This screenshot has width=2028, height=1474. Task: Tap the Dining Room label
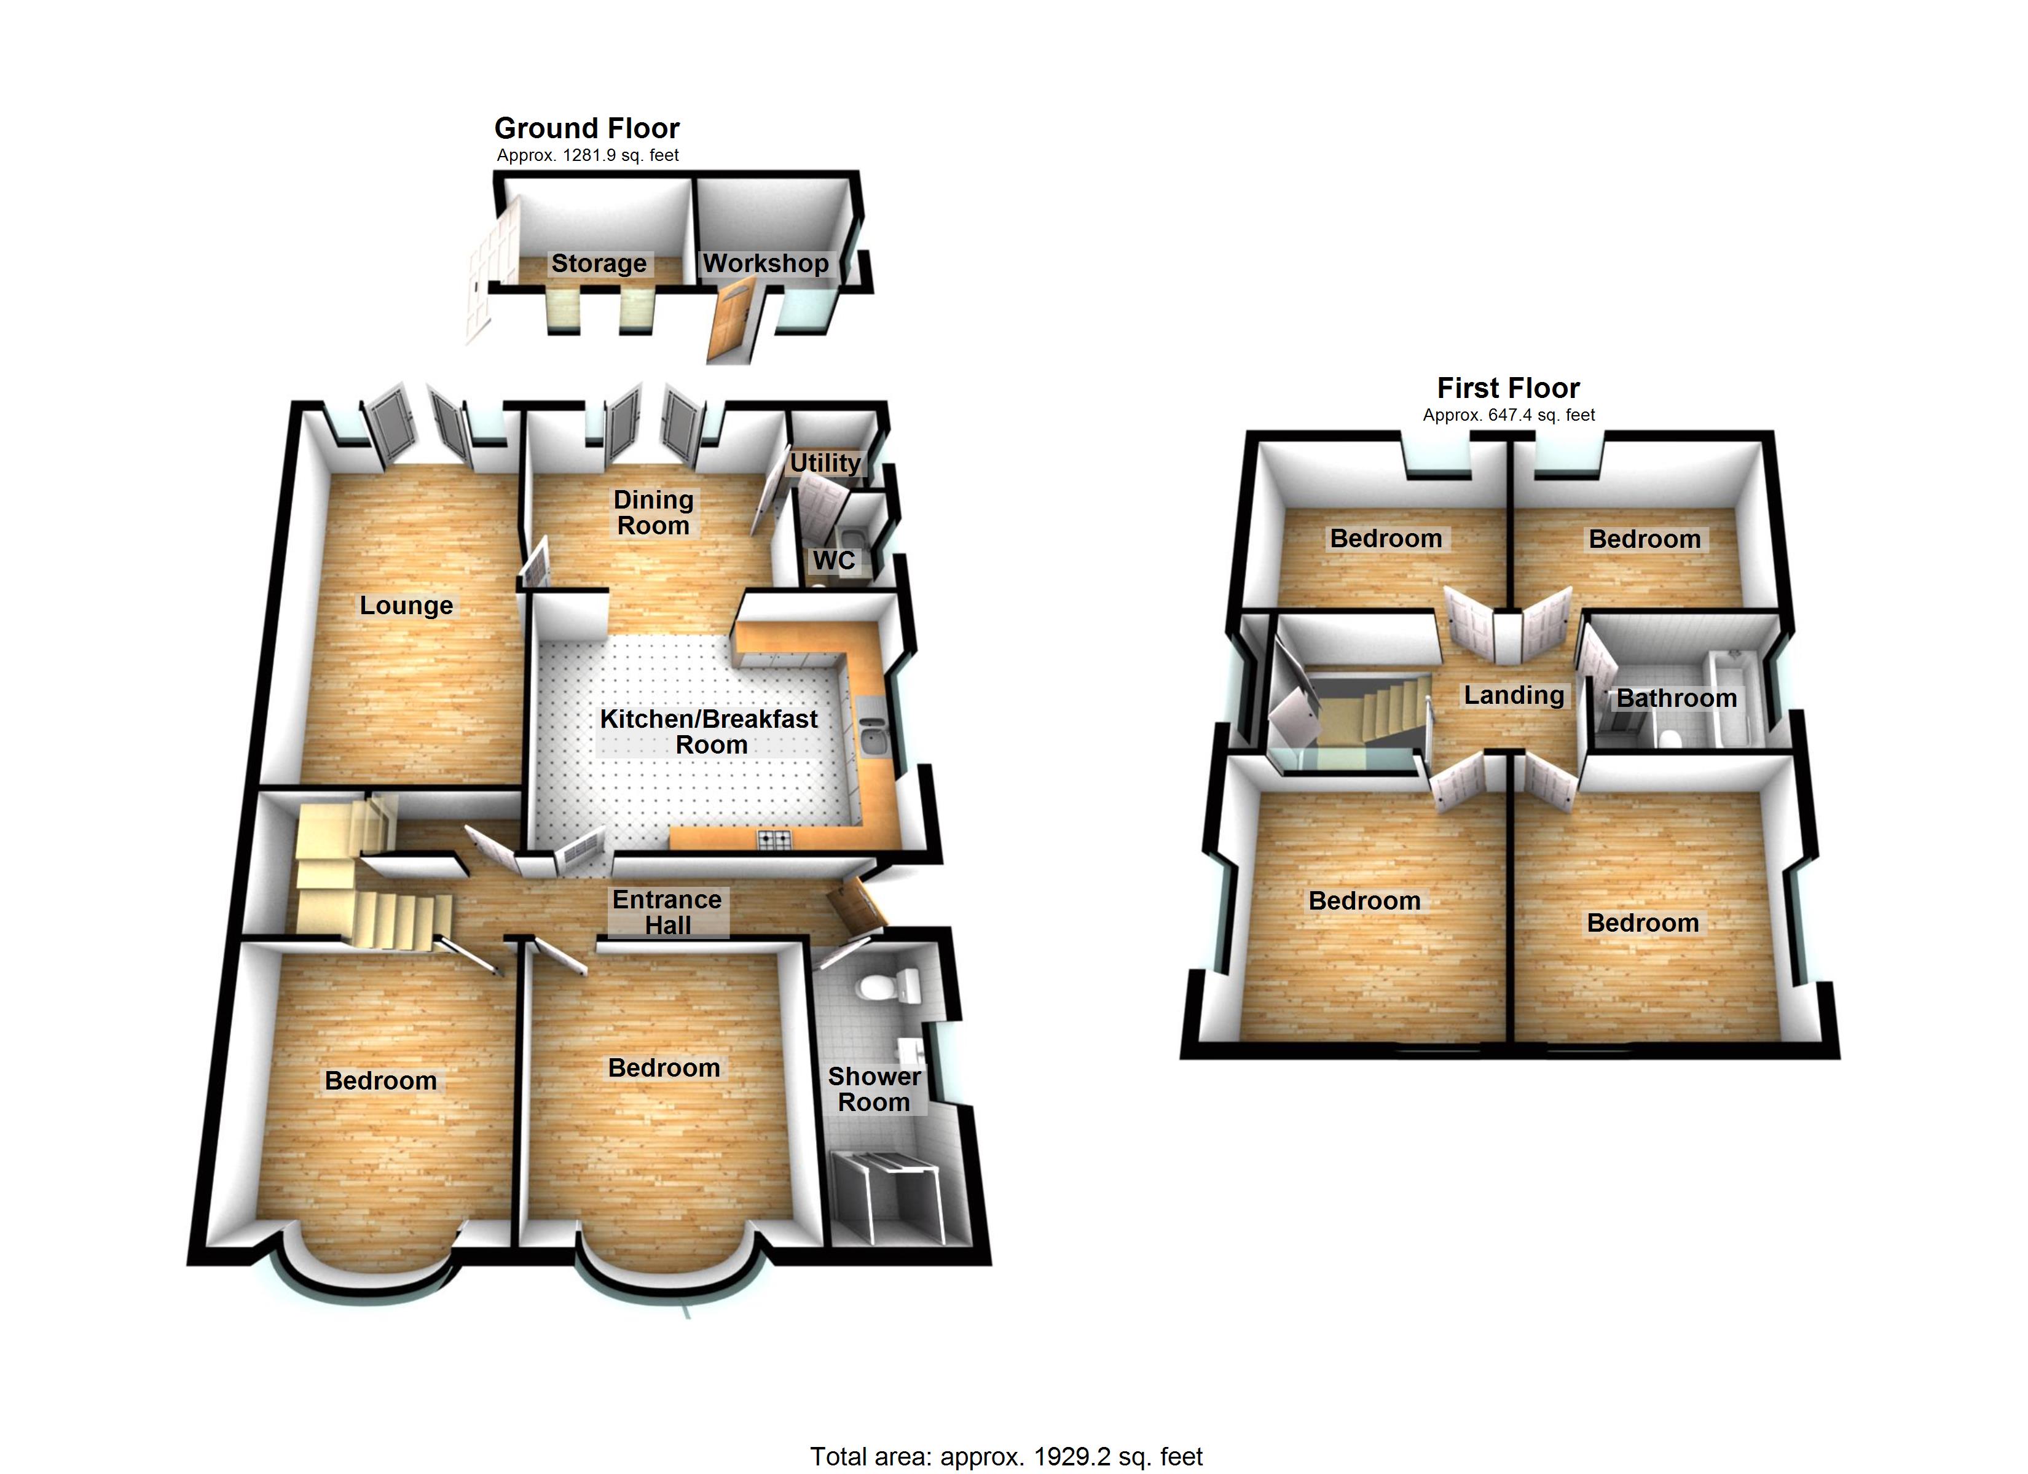654,512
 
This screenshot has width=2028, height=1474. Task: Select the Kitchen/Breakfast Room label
709,731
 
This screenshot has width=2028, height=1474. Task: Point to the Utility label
825,463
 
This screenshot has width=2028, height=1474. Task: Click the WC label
833,561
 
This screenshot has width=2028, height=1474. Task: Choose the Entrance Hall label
667,912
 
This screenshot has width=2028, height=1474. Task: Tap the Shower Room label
874,1089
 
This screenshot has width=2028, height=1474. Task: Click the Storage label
599,263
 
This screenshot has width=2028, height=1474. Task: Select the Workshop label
766,263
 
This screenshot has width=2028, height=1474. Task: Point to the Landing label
1514,695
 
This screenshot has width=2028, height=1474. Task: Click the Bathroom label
1676,698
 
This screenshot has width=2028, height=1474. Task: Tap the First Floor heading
1509,388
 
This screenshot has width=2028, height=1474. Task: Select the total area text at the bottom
1007,1456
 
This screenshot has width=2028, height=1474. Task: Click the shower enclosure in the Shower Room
887,1196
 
